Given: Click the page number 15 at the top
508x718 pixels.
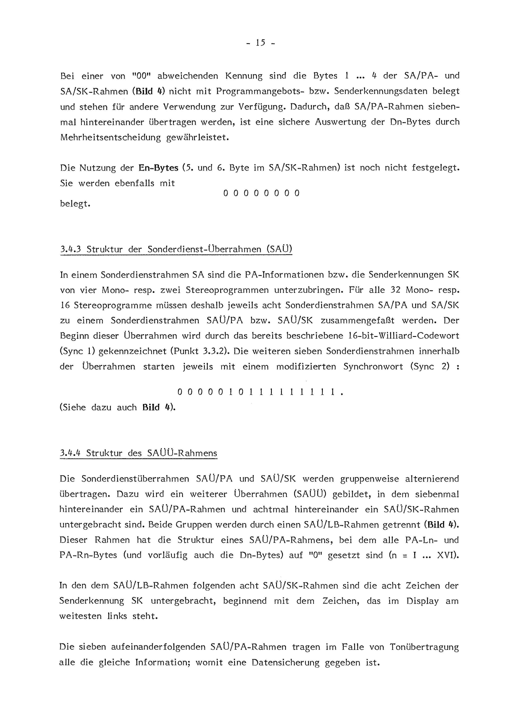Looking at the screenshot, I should (260, 43).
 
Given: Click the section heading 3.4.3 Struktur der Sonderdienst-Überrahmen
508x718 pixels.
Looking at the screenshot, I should (176, 249).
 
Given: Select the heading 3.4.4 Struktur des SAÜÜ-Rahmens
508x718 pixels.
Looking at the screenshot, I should (138, 453).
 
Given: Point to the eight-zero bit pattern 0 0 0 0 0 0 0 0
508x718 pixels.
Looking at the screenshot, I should (261, 193).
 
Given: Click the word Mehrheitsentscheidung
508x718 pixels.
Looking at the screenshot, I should (110, 138).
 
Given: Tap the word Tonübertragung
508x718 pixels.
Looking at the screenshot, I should (424, 647).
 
